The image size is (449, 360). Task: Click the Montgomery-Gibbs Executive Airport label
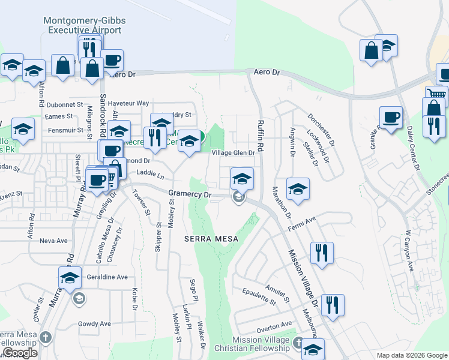click(x=85, y=25)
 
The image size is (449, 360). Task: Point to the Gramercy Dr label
click(x=190, y=194)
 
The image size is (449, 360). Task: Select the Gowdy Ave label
click(x=95, y=324)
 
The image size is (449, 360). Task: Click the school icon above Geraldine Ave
click(x=70, y=277)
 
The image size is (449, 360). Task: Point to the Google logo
click(x=19, y=353)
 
